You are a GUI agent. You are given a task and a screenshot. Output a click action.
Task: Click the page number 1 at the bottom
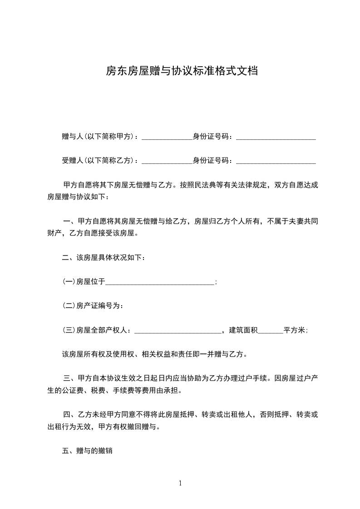[180, 483]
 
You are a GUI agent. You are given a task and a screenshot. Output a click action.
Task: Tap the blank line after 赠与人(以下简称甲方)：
[167, 137]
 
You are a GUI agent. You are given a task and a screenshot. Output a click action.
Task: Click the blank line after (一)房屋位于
[160, 283]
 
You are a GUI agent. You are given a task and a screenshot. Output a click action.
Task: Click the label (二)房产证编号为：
[93, 306]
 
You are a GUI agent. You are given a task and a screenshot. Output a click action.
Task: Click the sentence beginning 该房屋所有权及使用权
[154, 355]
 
